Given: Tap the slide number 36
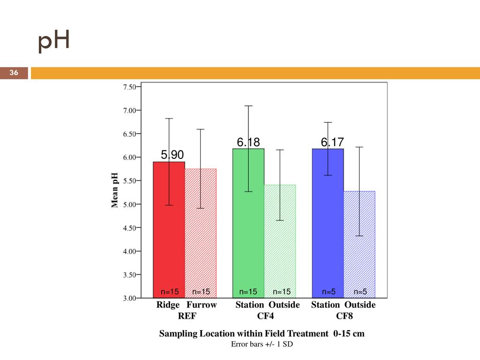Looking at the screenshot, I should [x=14, y=73].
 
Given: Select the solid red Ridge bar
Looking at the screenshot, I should [x=169, y=234].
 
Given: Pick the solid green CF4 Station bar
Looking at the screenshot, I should [x=248, y=225].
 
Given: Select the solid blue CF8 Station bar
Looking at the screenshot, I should [x=328, y=225].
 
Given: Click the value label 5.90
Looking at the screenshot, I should [x=172, y=155].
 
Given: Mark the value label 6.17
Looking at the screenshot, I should [x=332, y=142].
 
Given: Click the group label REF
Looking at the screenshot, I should [x=187, y=316].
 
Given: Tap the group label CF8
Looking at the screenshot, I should [x=345, y=316].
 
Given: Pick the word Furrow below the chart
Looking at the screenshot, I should [x=202, y=305].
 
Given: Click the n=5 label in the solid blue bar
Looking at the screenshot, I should [x=328, y=292].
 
